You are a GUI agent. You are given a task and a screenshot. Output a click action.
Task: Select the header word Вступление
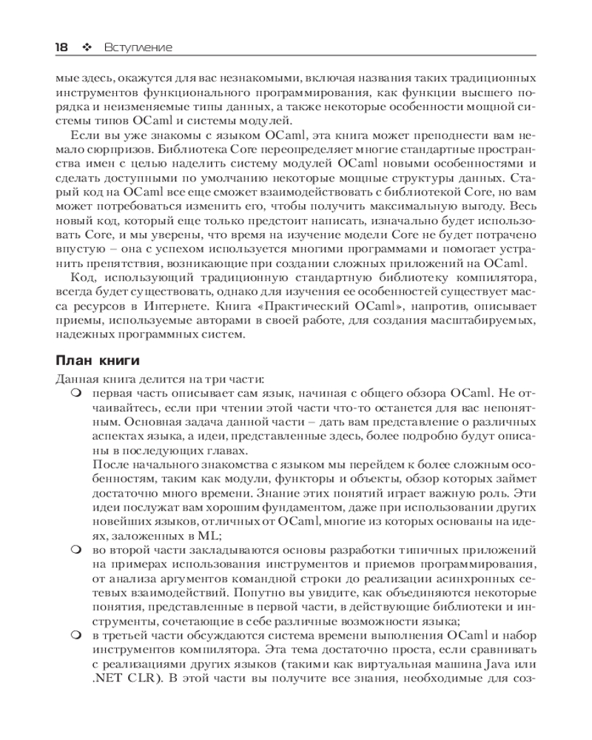(x=138, y=47)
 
